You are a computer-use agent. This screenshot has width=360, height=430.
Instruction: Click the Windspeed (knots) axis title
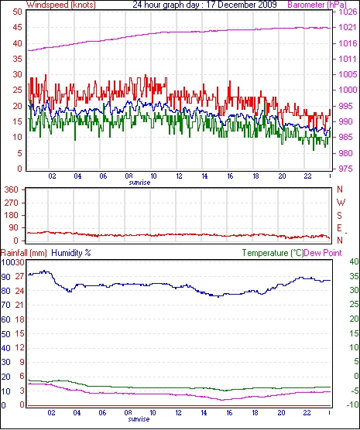[x=61, y=5]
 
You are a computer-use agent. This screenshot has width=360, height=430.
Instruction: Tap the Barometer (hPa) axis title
[x=317, y=5]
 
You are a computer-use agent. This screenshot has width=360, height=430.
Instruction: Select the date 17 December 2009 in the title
[x=242, y=5]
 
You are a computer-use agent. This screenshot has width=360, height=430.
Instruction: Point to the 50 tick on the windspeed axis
[x=17, y=12]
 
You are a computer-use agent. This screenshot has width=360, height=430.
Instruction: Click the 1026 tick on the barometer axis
[x=348, y=12]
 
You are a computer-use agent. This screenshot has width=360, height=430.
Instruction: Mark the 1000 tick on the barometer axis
[x=348, y=90]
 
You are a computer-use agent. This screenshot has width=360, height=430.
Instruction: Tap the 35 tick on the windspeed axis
[x=17, y=59]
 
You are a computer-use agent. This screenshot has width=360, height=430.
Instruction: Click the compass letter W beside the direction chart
[x=341, y=203]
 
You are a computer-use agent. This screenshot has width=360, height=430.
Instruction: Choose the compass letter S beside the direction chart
[x=340, y=216]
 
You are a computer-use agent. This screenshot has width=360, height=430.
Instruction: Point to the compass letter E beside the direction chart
[x=340, y=228]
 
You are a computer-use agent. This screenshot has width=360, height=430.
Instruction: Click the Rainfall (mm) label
[x=24, y=253]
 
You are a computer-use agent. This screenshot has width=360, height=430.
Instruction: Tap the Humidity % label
[x=71, y=253]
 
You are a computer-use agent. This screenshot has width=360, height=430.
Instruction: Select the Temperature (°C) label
[x=273, y=253]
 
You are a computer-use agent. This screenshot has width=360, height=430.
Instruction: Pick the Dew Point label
[x=323, y=253]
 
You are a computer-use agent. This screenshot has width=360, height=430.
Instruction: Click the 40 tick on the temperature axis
[x=355, y=261]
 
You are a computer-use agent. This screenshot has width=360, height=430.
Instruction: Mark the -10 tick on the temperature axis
[x=353, y=404]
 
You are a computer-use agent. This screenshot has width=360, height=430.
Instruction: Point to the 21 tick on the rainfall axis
[x=19, y=305]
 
